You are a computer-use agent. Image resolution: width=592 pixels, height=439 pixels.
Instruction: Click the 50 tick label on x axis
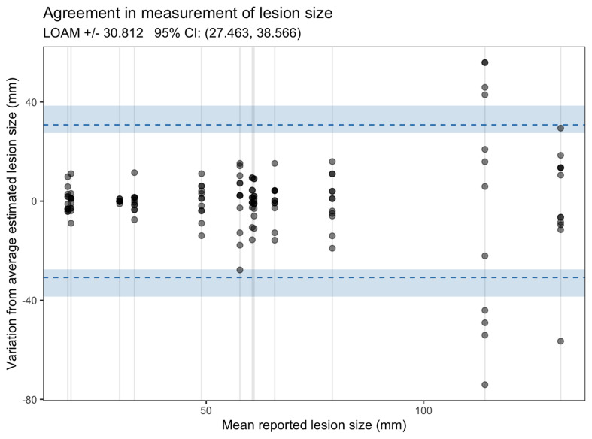coord(205,412)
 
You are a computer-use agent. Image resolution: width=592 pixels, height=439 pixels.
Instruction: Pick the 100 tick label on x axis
coord(422,412)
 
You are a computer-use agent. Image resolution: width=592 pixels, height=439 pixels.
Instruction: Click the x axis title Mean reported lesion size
coord(314,426)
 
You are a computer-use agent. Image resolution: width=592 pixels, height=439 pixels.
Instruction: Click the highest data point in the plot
coord(485,62)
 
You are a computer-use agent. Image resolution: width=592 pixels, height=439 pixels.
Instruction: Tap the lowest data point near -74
coord(485,384)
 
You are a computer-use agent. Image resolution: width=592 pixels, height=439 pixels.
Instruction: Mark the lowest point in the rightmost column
coord(560,341)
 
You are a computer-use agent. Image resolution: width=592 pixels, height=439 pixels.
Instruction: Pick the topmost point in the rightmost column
coord(560,128)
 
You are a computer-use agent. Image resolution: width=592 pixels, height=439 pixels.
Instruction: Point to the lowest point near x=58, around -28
coord(240,270)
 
